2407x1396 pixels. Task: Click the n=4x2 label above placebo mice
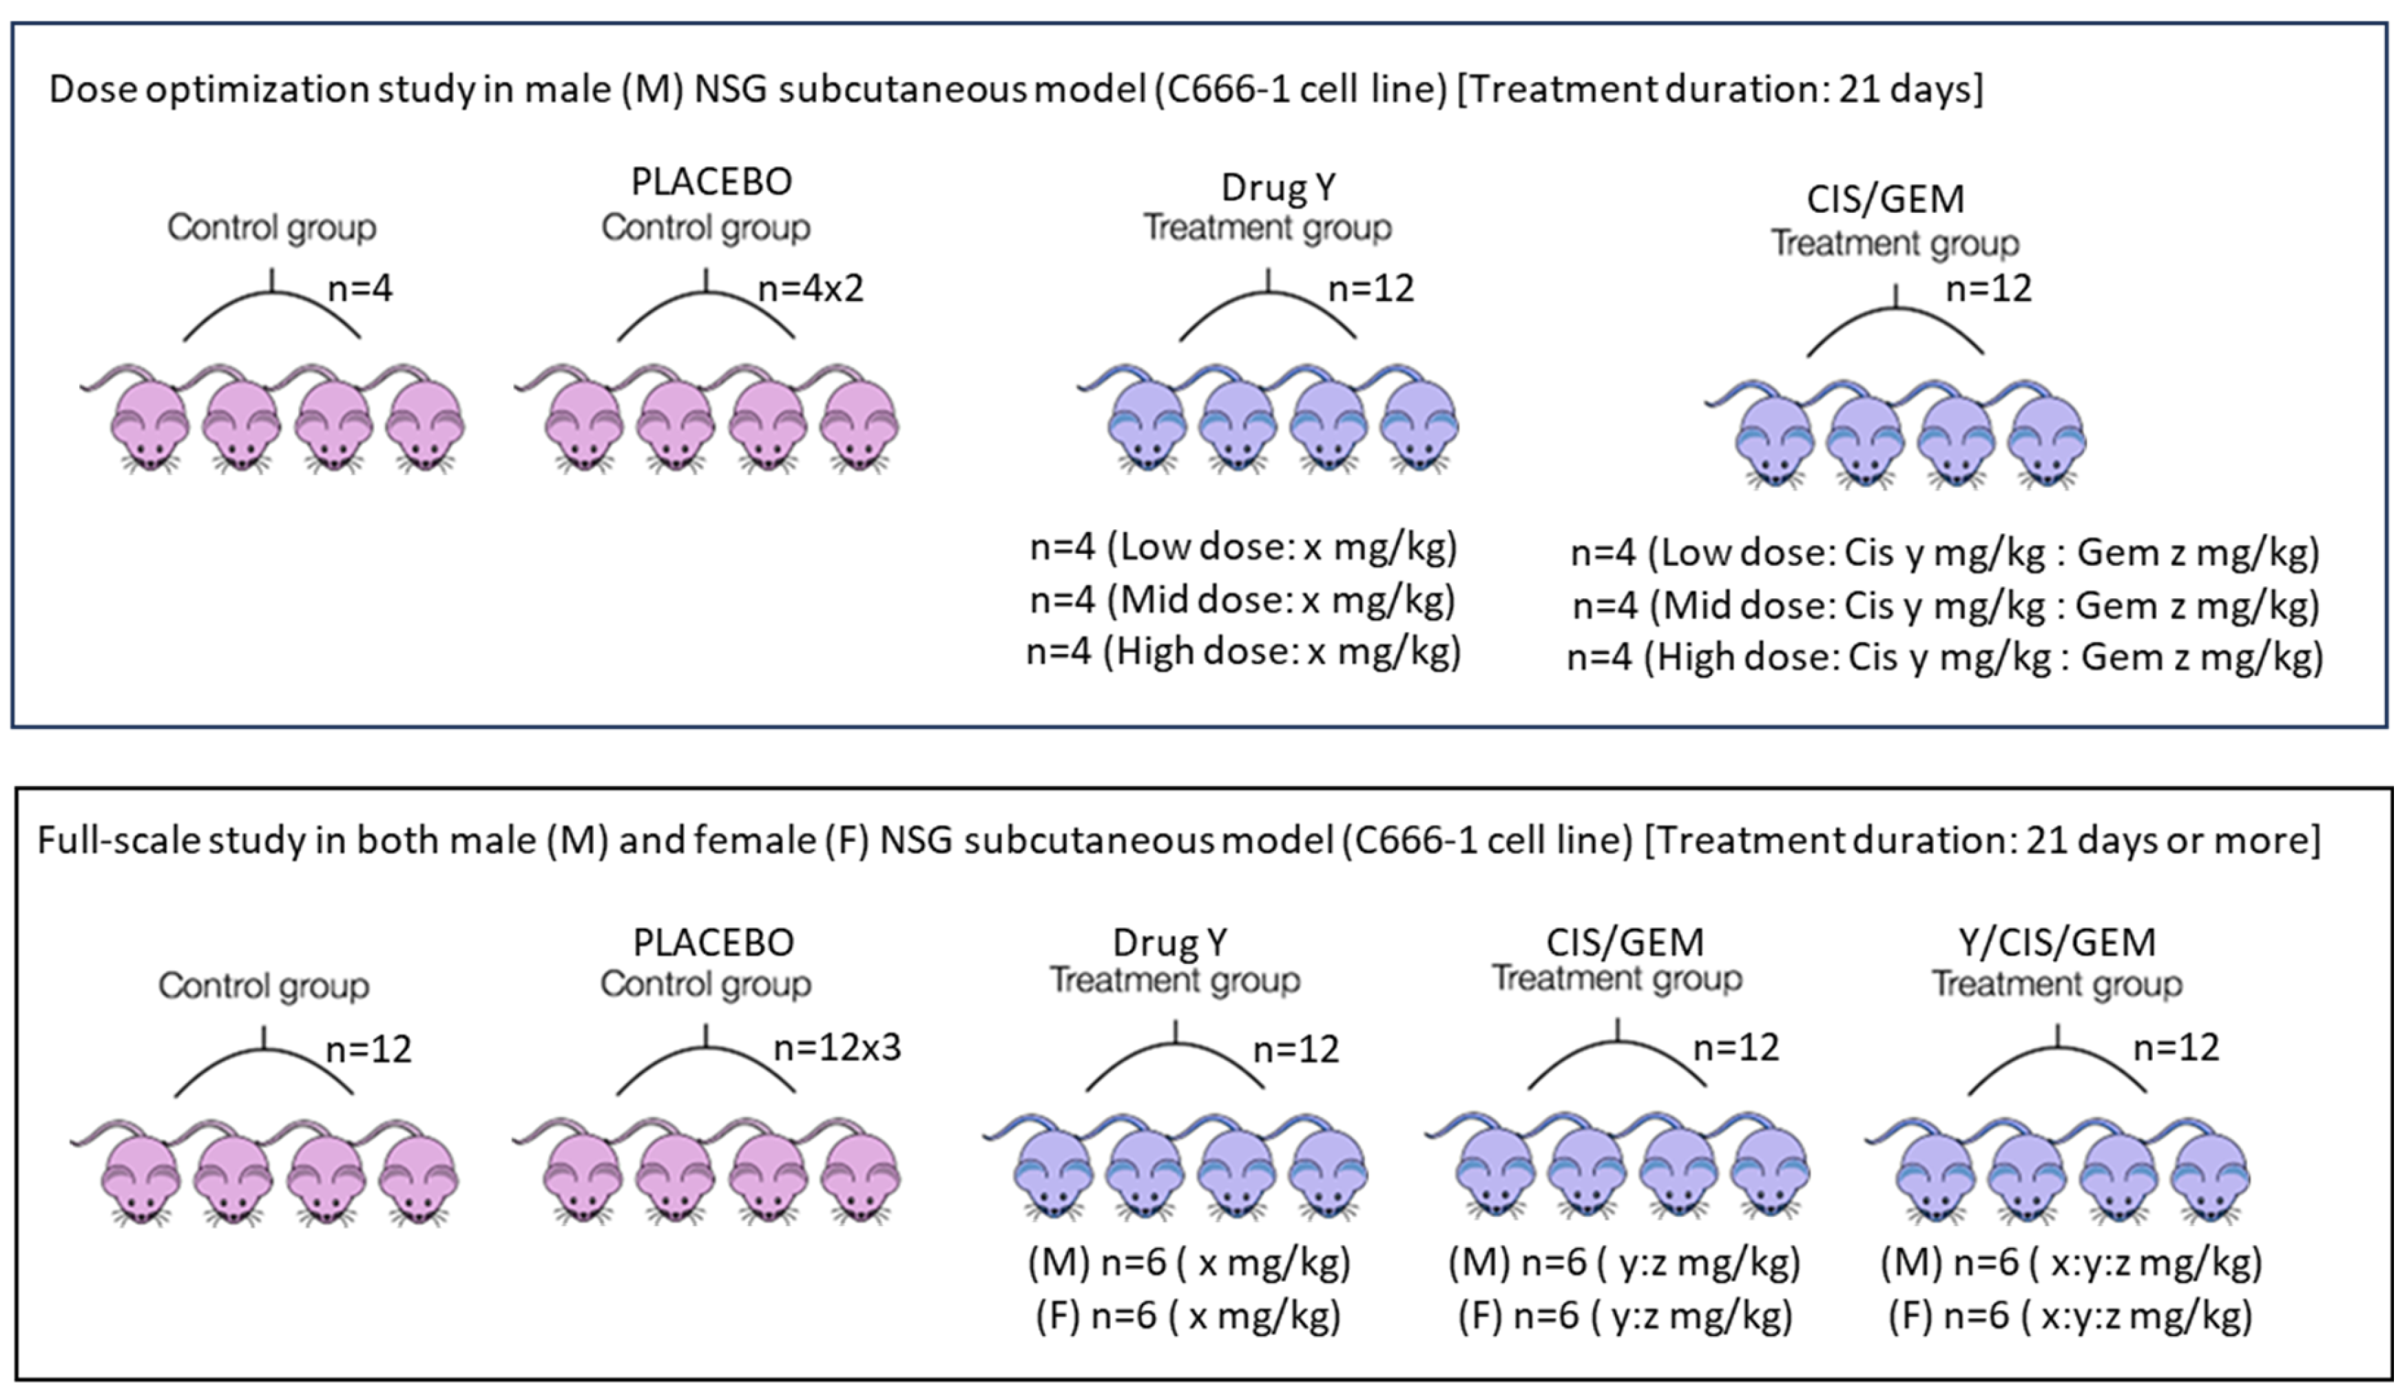[810, 287]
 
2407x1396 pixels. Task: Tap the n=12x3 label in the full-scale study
[837, 1048]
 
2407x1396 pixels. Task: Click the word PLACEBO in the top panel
[711, 181]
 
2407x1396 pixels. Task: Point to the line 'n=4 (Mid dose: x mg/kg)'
[1242, 600]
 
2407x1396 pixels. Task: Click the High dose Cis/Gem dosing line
[1945, 657]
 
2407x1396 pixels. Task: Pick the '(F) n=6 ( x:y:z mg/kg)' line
[2070, 1316]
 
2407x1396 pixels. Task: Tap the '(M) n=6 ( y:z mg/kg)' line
[1624, 1262]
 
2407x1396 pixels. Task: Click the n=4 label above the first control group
[360, 287]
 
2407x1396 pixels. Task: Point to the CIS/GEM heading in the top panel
[1886, 198]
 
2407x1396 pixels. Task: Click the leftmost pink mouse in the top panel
[149, 425]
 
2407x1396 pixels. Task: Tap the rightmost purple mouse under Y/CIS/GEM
[2209, 1176]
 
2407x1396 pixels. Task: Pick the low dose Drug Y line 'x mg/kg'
[1242, 548]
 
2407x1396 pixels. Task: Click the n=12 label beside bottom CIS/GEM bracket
[1736, 1048]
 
